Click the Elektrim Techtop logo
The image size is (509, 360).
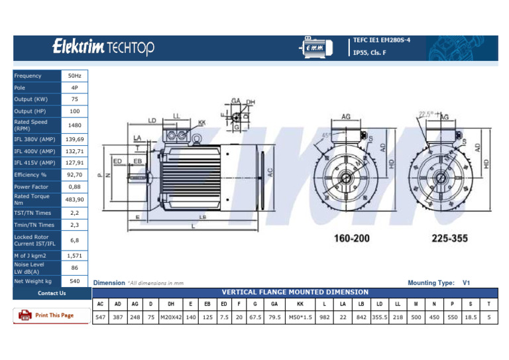[x=103, y=48]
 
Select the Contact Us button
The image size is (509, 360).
[x=51, y=293]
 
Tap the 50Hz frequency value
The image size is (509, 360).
[x=75, y=76]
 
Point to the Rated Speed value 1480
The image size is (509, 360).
[x=75, y=125]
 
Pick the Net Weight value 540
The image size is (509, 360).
[x=75, y=281]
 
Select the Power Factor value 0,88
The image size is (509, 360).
[x=75, y=187]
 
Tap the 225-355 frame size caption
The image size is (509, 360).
[x=450, y=237]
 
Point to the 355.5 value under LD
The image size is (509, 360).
[x=380, y=317]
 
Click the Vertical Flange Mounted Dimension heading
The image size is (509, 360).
[x=295, y=292]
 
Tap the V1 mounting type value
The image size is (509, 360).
[x=466, y=282]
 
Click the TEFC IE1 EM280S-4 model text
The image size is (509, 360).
[x=382, y=40]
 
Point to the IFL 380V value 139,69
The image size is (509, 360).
[x=75, y=139]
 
